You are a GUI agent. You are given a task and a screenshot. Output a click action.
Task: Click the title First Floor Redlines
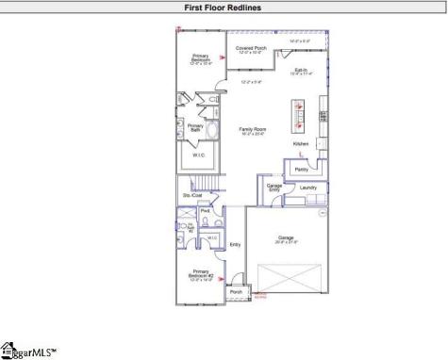click(x=224, y=8)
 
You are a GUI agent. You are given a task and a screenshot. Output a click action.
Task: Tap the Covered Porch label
click(x=251, y=48)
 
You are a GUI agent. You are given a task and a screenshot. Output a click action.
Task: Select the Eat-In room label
click(x=302, y=70)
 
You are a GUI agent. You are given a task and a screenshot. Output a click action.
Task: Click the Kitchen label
click(x=301, y=143)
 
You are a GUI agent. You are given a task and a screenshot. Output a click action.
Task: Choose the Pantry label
click(x=302, y=170)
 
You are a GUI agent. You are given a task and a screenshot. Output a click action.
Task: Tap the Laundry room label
click(x=308, y=188)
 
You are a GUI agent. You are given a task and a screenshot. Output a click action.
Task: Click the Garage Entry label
click(x=274, y=188)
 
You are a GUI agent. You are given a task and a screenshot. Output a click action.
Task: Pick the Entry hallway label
click(x=235, y=245)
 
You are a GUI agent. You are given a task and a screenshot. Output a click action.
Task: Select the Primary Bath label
click(x=195, y=127)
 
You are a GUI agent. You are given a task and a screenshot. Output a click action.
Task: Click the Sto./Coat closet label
click(x=192, y=195)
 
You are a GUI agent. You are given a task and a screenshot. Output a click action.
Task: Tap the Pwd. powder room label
click(x=205, y=211)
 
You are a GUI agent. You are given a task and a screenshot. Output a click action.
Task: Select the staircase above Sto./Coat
click(x=200, y=181)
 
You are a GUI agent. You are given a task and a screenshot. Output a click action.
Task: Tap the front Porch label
click(x=236, y=292)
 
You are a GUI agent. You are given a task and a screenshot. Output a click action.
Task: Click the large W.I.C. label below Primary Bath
click(x=199, y=155)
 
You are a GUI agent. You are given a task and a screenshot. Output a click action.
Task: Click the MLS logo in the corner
click(x=27, y=351)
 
